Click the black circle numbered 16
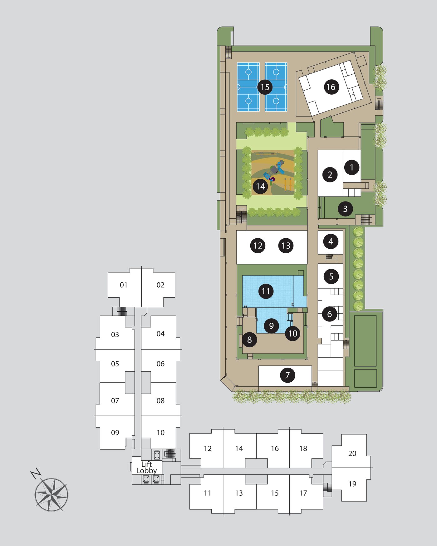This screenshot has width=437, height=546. pyautogui.click(x=331, y=87)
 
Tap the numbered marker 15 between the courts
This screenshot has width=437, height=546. pyautogui.click(x=265, y=87)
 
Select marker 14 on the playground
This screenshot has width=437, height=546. pyautogui.click(x=260, y=186)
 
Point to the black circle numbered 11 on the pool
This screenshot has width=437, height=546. pyautogui.click(x=266, y=291)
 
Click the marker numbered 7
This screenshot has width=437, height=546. pyautogui.click(x=287, y=375)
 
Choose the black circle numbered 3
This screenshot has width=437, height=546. pyautogui.click(x=345, y=209)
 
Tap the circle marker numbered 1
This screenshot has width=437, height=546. pyautogui.click(x=352, y=167)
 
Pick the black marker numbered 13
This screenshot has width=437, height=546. pyautogui.click(x=286, y=246)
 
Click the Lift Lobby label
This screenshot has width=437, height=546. pyautogui.click(x=146, y=467)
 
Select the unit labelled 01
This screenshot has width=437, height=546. pyautogui.click(x=124, y=285)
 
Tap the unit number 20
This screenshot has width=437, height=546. pyautogui.click(x=352, y=453)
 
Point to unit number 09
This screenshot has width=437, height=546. pyautogui.click(x=115, y=433)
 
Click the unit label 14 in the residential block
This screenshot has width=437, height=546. pyautogui.click(x=239, y=449)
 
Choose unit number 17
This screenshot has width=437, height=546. pyautogui.click(x=303, y=493)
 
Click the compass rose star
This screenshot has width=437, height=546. pyautogui.click(x=51, y=494)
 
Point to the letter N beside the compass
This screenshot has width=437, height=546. pyautogui.click(x=36, y=473)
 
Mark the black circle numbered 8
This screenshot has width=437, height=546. pyautogui.click(x=249, y=340)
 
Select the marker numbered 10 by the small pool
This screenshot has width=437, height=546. pyautogui.click(x=292, y=334)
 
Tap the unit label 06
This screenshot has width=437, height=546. pyautogui.click(x=160, y=364)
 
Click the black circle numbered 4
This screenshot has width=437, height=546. pyautogui.click(x=331, y=241)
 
